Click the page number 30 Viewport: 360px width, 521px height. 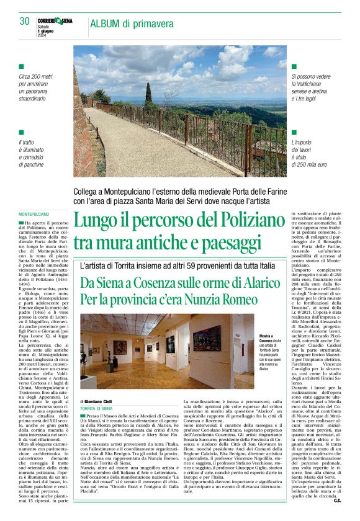[x=24, y=21]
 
